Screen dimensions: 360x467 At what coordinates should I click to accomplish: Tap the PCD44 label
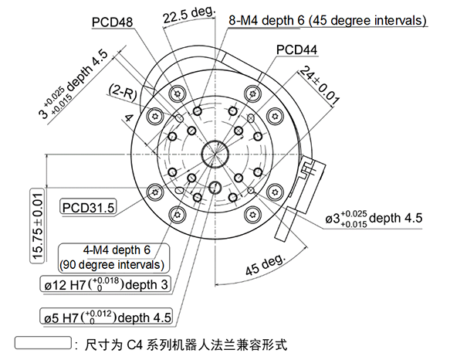pos(297,51)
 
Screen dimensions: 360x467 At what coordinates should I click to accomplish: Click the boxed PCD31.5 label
pos(89,207)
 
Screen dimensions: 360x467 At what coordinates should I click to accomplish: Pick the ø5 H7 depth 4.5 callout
pos(108,318)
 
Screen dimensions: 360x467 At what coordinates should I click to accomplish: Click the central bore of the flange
pos(212,153)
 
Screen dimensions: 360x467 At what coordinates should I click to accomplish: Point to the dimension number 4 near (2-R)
pos(128,117)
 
